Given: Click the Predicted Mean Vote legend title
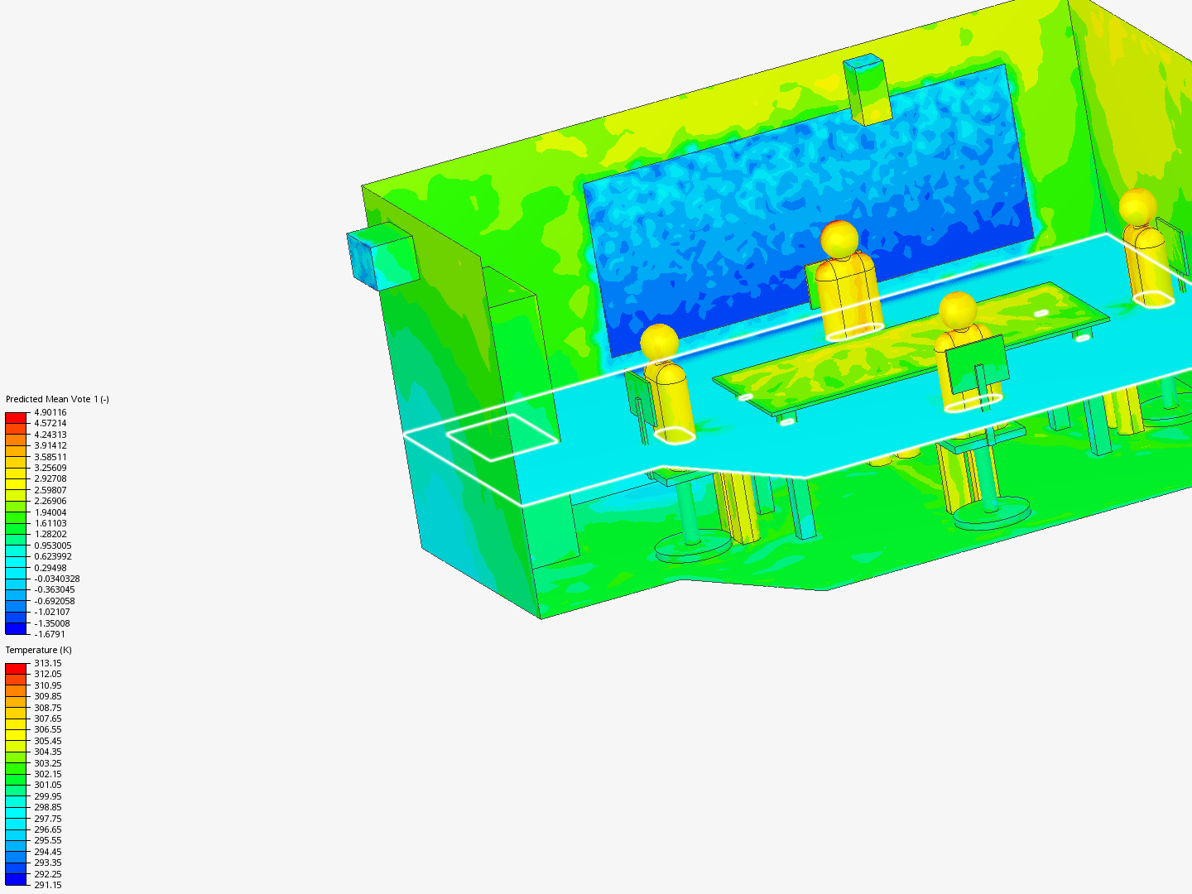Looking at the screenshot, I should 57,399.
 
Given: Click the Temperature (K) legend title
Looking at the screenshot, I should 38,650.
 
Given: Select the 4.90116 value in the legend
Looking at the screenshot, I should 50,412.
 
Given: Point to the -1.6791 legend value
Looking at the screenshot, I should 49,634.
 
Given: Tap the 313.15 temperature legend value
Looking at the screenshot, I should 47,663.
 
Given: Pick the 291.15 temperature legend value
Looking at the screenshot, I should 47,885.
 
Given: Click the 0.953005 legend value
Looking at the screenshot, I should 52,546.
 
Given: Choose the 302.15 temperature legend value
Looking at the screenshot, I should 47,774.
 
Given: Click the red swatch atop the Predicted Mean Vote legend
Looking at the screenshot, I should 16,417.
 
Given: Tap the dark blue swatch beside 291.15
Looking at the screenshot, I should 16,879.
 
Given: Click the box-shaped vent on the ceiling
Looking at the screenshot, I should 867,89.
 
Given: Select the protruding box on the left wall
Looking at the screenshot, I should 382,255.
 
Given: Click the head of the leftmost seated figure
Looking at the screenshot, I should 659,341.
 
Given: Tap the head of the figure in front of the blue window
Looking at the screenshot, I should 839,238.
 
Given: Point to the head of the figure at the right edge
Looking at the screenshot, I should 1137,205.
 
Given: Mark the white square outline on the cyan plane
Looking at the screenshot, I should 502,436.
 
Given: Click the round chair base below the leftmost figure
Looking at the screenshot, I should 693,546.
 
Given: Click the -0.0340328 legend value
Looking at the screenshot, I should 56,579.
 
